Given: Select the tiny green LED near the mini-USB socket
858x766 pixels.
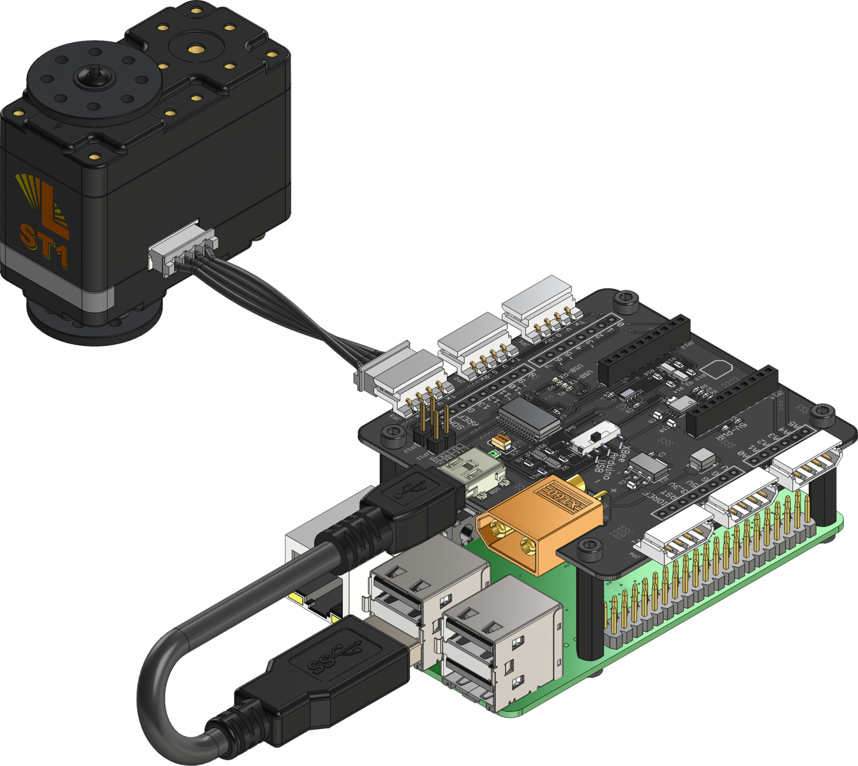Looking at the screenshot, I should (x=492, y=454).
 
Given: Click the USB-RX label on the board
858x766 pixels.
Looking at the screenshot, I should (x=578, y=373).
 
